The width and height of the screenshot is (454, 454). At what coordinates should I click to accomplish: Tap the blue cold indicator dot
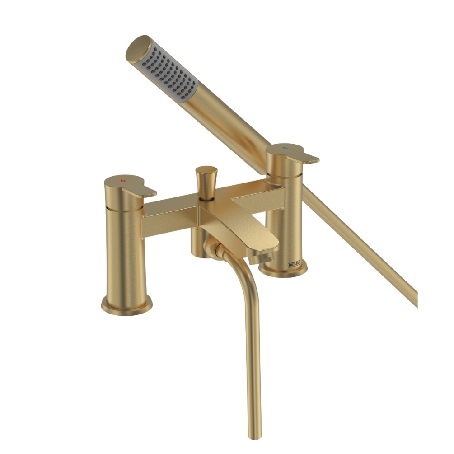tap(284, 148)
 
